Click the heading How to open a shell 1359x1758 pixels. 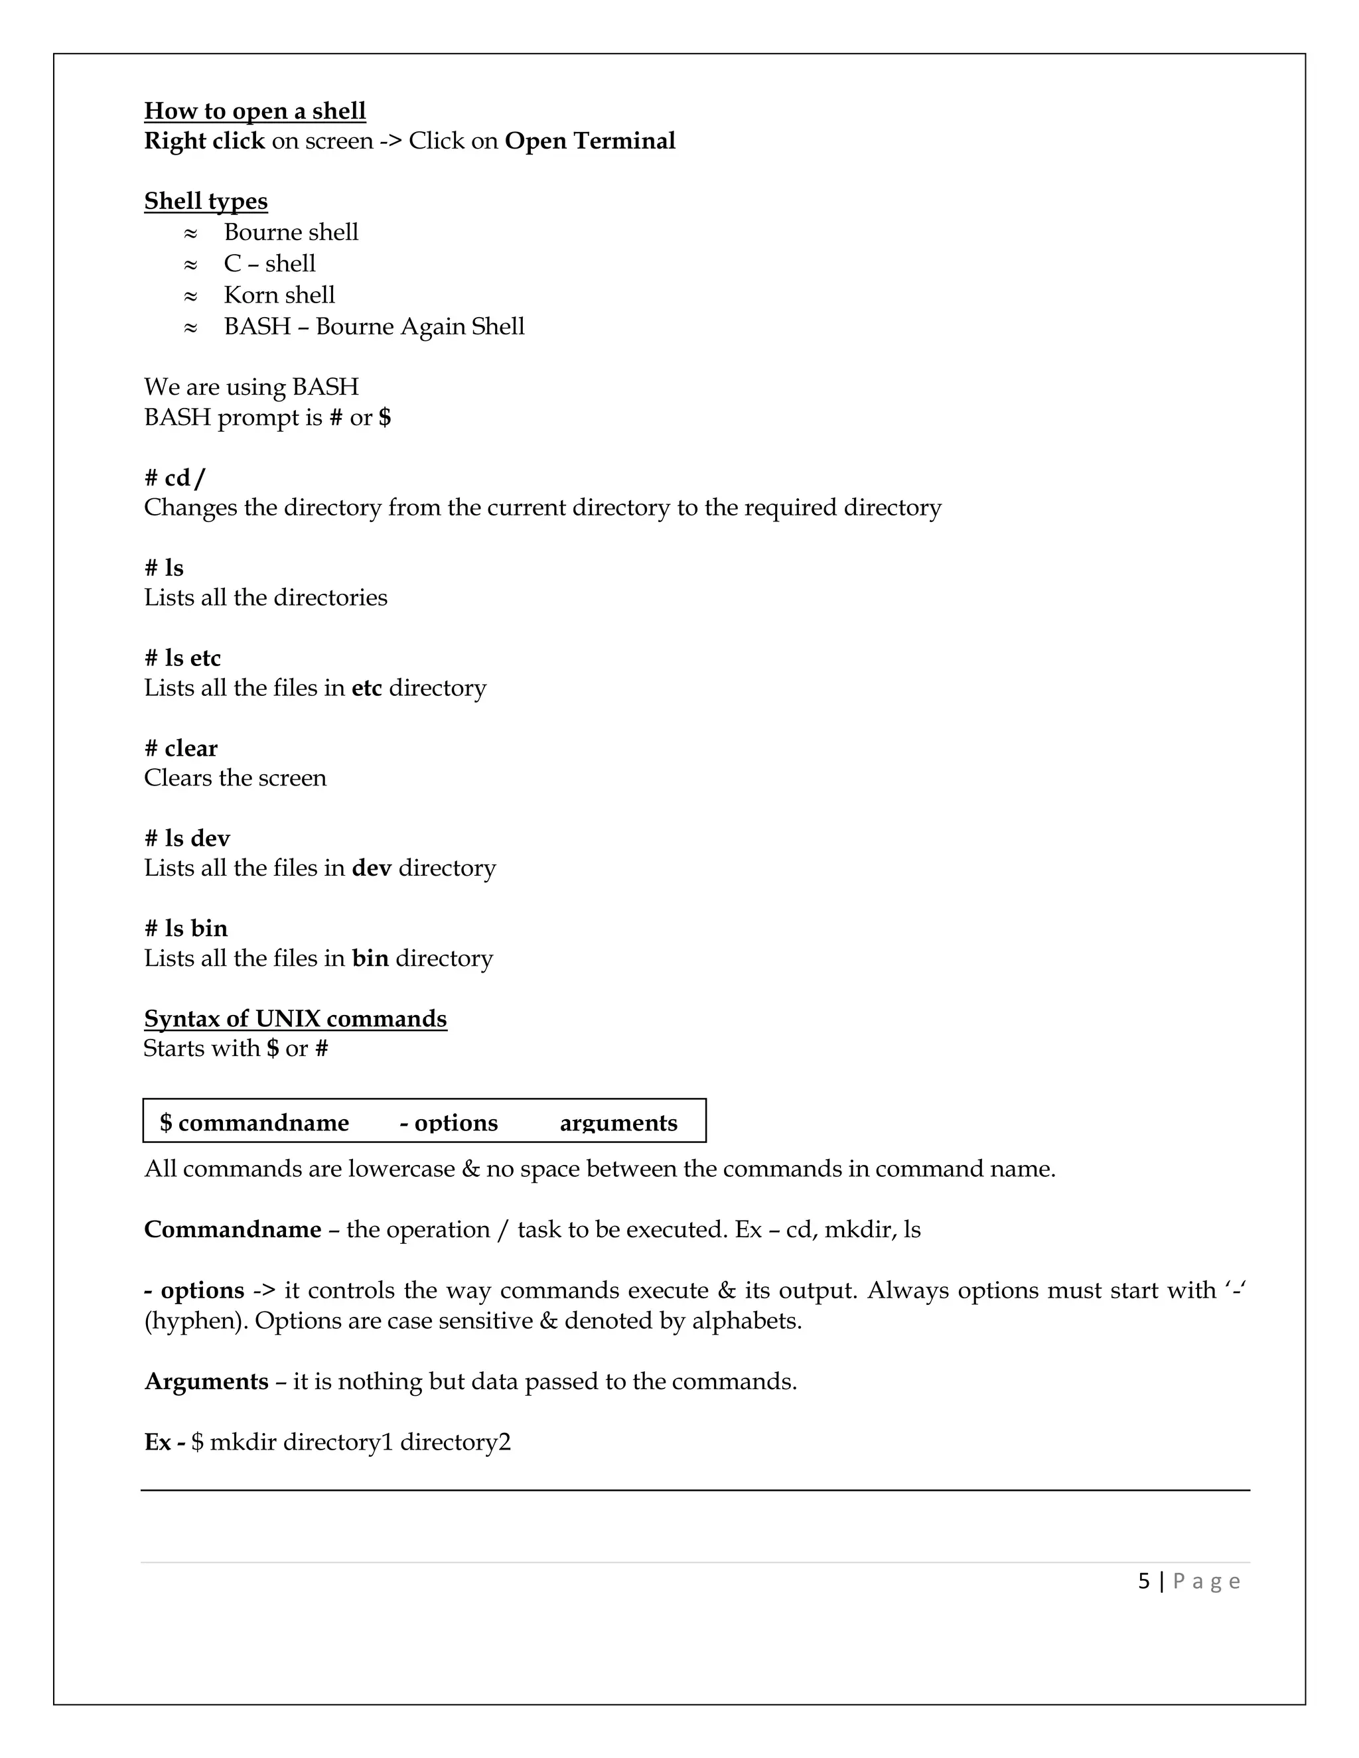pos(254,110)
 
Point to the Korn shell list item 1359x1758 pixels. pos(279,295)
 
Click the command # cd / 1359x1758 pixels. pos(175,478)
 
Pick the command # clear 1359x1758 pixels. pos(180,748)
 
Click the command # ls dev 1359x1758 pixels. pos(186,838)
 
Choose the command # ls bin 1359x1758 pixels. pos(186,928)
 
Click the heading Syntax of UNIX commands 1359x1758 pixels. pos(295,1018)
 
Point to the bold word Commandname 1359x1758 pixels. pos(233,1229)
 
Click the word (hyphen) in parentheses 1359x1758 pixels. pos(196,1321)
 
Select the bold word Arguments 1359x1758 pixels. pos(206,1381)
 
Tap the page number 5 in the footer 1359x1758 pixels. pos(1143,1581)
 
